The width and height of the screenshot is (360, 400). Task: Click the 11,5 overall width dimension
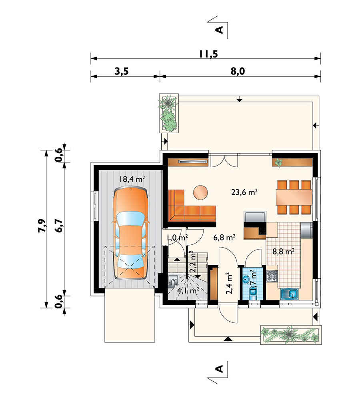(x=208, y=54)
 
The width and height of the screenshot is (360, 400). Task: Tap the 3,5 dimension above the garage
(x=122, y=72)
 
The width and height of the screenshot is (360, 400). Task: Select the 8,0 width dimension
(x=238, y=72)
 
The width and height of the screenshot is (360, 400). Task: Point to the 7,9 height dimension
(x=42, y=226)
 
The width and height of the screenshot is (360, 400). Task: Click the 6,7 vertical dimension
(x=58, y=226)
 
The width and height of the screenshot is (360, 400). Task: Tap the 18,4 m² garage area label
(x=132, y=179)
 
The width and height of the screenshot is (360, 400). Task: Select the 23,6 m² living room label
(x=244, y=192)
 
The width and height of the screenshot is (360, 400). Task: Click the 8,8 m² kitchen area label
(x=284, y=252)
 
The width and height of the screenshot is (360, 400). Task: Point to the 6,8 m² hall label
(x=224, y=238)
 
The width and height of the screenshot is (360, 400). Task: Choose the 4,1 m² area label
(x=188, y=290)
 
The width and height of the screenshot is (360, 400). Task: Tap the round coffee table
(x=200, y=192)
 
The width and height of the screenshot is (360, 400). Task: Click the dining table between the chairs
(x=294, y=197)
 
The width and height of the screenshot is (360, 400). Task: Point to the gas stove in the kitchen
(x=272, y=276)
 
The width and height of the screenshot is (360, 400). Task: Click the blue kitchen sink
(x=290, y=294)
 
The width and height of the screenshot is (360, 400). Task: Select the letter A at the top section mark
(x=219, y=30)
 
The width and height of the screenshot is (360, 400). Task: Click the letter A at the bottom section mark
(x=219, y=369)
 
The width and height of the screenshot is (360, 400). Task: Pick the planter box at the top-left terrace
(x=168, y=113)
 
